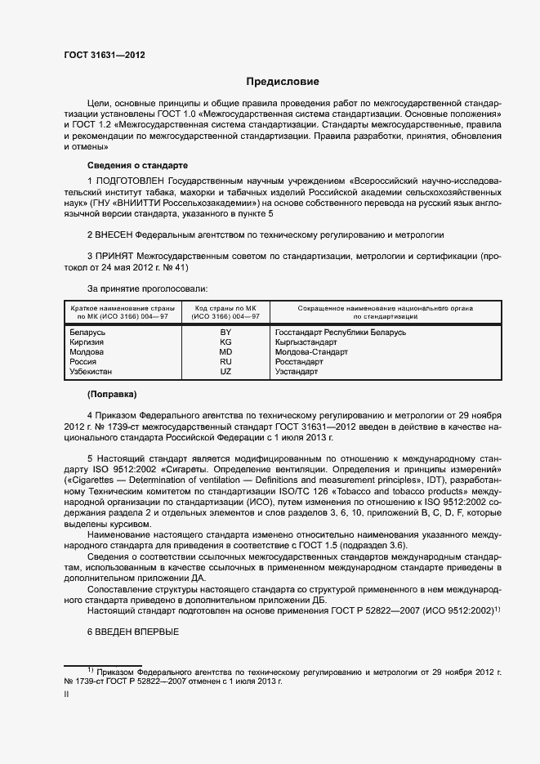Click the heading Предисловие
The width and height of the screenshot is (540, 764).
(x=283, y=82)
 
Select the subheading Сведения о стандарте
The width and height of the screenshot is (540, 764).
(x=125, y=165)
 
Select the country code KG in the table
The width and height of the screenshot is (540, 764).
(x=225, y=342)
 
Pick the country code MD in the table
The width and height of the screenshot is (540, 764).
(x=225, y=352)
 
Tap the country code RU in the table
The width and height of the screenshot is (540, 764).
(x=225, y=362)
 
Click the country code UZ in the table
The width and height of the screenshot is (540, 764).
(x=225, y=372)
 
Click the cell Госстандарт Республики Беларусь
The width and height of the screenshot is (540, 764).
(x=341, y=333)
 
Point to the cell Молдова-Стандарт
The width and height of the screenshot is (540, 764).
(x=311, y=352)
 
